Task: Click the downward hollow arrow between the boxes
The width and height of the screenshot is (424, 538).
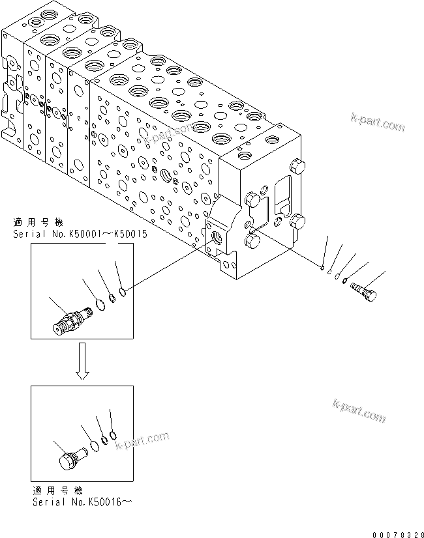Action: (82, 362)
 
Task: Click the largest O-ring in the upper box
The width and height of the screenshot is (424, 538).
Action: (99, 305)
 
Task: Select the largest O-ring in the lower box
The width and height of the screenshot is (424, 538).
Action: (95, 445)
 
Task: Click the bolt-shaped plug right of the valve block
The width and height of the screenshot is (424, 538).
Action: (364, 290)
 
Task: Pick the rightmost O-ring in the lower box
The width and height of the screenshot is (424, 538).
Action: (114, 434)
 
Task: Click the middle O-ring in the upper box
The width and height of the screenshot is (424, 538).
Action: (112, 298)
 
